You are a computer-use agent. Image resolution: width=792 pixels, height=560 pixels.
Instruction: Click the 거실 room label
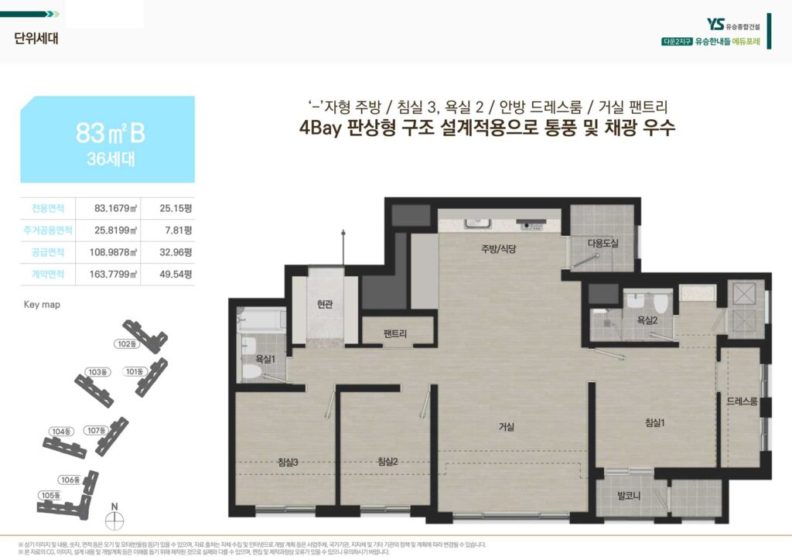click(x=507, y=427)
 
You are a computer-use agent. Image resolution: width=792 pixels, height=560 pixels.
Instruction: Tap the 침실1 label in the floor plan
click(x=655, y=422)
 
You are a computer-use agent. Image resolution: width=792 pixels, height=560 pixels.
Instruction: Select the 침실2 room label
click(x=387, y=462)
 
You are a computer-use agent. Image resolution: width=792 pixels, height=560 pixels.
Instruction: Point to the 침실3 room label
click(x=288, y=462)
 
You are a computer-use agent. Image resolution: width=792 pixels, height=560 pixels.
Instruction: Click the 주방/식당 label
click(x=498, y=249)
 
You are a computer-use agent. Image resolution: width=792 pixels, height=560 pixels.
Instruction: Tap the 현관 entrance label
click(x=324, y=305)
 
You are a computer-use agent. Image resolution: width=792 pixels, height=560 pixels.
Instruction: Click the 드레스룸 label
click(x=742, y=401)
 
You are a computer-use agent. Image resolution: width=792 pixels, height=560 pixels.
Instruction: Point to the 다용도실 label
click(x=603, y=243)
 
